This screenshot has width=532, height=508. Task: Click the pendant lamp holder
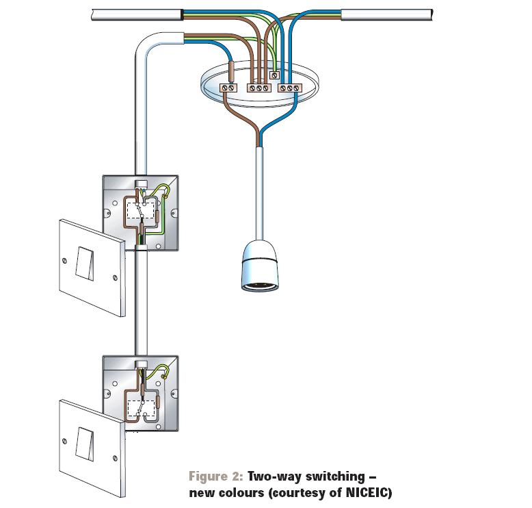click(260, 266)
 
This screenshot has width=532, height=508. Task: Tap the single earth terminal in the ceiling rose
click(274, 75)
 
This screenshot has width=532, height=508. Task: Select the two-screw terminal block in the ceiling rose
click(228, 88)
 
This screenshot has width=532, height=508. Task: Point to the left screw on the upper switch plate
click(64, 261)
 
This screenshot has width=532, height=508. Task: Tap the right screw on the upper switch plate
click(115, 277)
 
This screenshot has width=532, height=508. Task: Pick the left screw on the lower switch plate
click(64, 442)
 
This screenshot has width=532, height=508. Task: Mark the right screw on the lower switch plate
click(115, 459)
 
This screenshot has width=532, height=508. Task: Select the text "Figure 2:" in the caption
click(216, 476)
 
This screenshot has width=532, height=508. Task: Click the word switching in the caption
click(335, 477)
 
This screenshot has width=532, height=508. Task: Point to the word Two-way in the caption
click(275, 477)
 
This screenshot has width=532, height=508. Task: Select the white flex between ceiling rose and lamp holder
click(260, 193)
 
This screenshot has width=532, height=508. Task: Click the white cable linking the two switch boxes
click(141, 303)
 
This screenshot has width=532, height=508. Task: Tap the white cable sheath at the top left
click(137, 14)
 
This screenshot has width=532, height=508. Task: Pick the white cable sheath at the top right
click(387, 14)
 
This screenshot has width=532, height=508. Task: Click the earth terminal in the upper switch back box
click(165, 196)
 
